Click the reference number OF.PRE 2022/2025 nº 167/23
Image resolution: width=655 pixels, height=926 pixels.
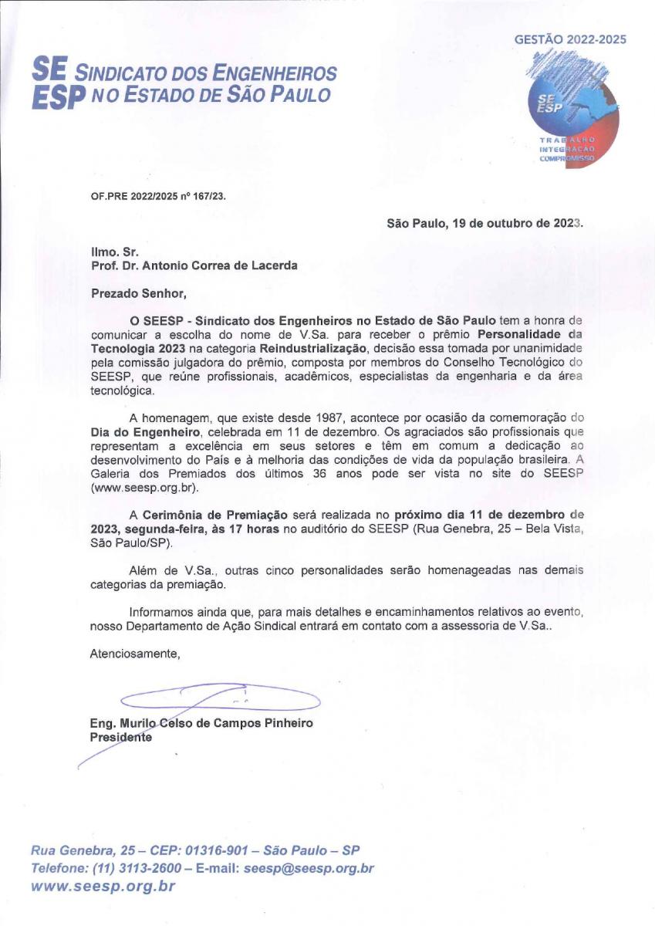[x=158, y=195]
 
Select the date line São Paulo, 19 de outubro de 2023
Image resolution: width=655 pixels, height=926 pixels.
[x=485, y=224]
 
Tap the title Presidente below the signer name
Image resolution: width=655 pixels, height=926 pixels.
[x=121, y=738]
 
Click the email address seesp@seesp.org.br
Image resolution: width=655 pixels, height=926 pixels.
[x=309, y=868]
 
